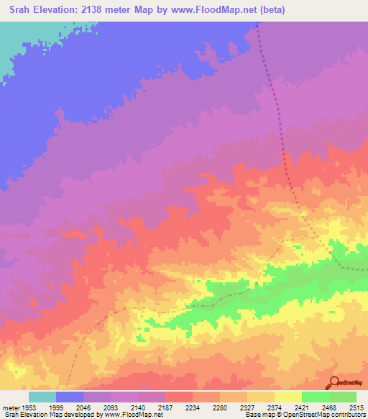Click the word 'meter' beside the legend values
click(x=10, y=407)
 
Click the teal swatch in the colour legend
click(x=42, y=397)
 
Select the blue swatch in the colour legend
click(x=70, y=397)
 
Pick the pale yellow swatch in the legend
click(x=288, y=397)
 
